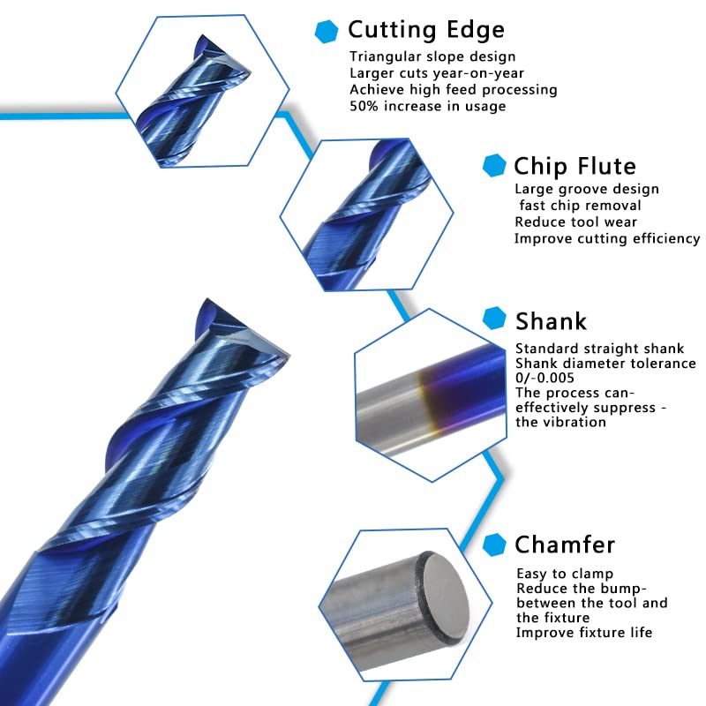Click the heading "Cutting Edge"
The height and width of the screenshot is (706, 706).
(426, 30)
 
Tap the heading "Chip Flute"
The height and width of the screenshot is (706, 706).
(575, 166)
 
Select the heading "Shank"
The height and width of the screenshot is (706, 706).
(551, 320)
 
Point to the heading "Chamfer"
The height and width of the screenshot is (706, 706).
(565, 544)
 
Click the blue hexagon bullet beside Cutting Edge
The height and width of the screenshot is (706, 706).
(327, 32)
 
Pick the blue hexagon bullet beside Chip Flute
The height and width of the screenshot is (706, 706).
(494, 166)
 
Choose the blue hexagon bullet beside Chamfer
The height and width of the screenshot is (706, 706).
(496, 544)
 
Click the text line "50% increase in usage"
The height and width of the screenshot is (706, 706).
(428, 106)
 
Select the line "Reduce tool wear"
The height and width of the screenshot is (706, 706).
(575, 222)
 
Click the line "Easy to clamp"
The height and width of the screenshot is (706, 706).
(565, 574)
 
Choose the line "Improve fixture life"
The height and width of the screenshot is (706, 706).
(584, 632)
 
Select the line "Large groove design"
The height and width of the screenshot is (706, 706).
(587, 189)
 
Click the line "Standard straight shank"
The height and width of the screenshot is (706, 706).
(600, 349)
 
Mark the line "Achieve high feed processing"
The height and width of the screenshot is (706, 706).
(454, 90)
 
